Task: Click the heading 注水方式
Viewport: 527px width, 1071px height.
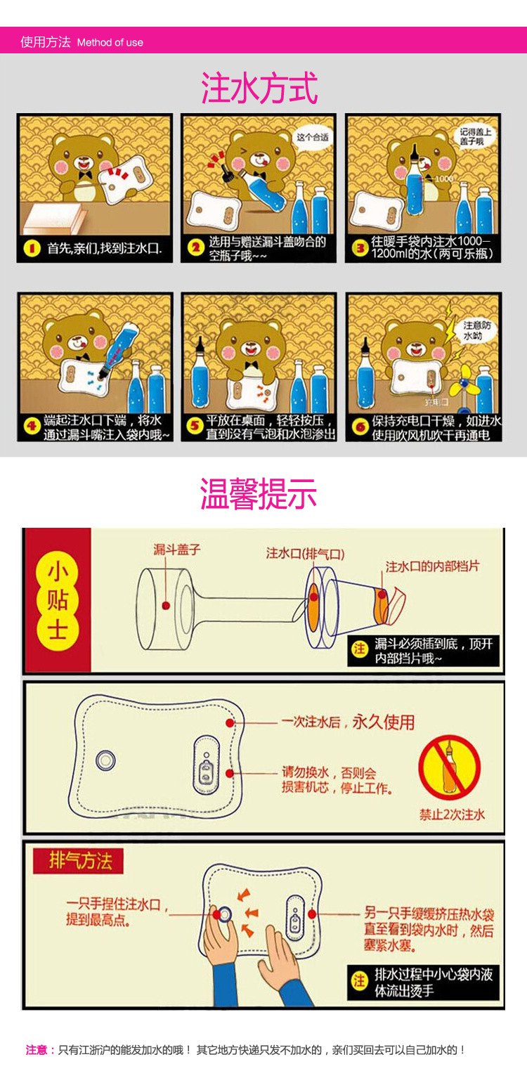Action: click(x=259, y=89)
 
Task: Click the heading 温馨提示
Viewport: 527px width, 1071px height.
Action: click(x=259, y=493)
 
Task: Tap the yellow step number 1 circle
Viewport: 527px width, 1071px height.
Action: click(x=32, y=249)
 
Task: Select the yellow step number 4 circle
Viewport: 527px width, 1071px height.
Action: click(x=32, y=426)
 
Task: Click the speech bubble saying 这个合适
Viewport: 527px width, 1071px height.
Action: click(x=312, y=137)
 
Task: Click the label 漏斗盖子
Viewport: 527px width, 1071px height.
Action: click(x=177, y=550)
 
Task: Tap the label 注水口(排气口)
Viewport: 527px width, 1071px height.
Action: click(x=305, y=553)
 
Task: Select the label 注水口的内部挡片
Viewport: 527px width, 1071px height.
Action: click(x=432, y=566)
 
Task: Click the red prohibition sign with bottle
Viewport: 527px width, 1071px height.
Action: click(x=450, y=767)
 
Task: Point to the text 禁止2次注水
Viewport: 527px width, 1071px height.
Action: click(x=452, y=814)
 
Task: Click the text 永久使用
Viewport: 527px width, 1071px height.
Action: click(x=383, y=722)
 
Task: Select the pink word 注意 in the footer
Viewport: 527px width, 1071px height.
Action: click(x=37, y=1050)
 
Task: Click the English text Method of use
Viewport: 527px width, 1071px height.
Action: click(x=110, y=42)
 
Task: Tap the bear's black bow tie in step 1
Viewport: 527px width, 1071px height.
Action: click(x=85, y=174)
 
